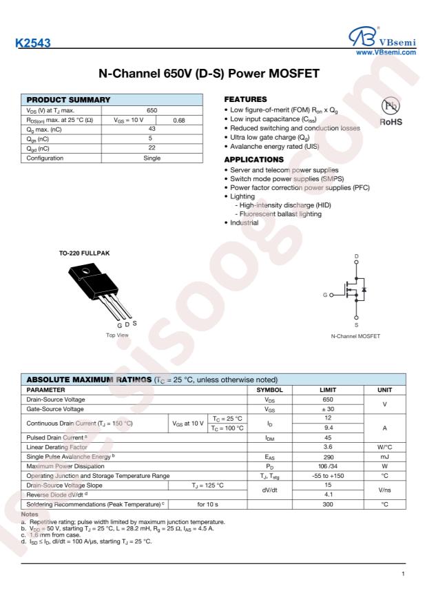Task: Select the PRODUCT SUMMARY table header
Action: pos(66,100)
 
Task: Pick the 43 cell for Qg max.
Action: pos(153,129)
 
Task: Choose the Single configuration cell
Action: pos(153,158)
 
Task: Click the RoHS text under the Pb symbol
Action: pos(391,125)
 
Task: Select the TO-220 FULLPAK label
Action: pos(84,252)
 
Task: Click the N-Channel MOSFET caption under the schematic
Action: pos(356,336)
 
